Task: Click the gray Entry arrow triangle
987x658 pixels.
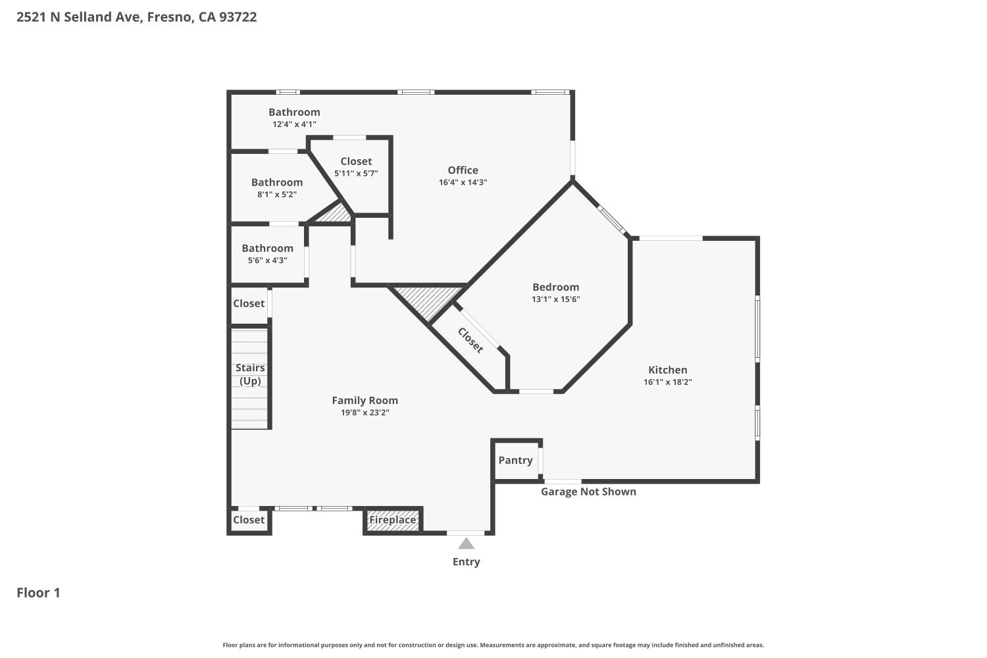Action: click(466, 544)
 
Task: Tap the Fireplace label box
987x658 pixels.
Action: click(392, 520)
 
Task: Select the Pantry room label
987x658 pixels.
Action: click(515, 460)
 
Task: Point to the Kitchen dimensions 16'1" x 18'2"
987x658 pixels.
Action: click(667, 382)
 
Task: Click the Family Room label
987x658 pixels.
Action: click(365, 400)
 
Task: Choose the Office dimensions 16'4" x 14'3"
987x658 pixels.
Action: click(463, 182)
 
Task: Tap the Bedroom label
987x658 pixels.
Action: click(555, 287)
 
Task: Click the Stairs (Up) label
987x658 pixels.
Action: click(250, 374)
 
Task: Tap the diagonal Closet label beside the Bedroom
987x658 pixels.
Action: click(470, 340)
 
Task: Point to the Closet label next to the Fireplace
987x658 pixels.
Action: click(249, 520)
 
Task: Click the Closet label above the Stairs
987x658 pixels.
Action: click(249, 303)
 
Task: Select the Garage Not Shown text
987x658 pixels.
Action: click(588, 492)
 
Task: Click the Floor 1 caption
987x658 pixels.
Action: click(38, 593)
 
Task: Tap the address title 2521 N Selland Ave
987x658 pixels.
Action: click(136, 17)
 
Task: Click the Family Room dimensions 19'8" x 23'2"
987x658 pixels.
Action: click(365, 413)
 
